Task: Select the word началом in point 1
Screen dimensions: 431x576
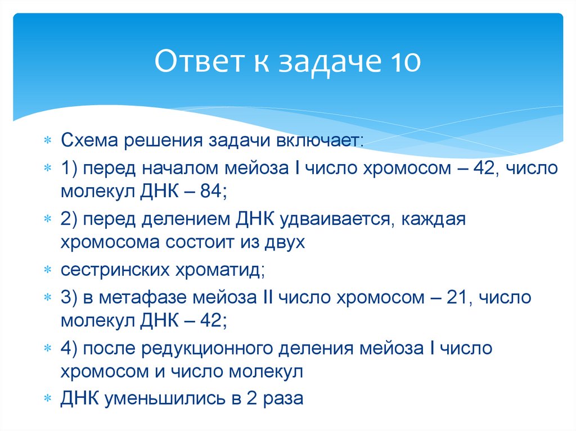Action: [x=181, y=168]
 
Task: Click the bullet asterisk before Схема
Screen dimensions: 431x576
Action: [x=48, y=140]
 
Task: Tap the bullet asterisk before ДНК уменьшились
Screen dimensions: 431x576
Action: [x=48, y=398]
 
